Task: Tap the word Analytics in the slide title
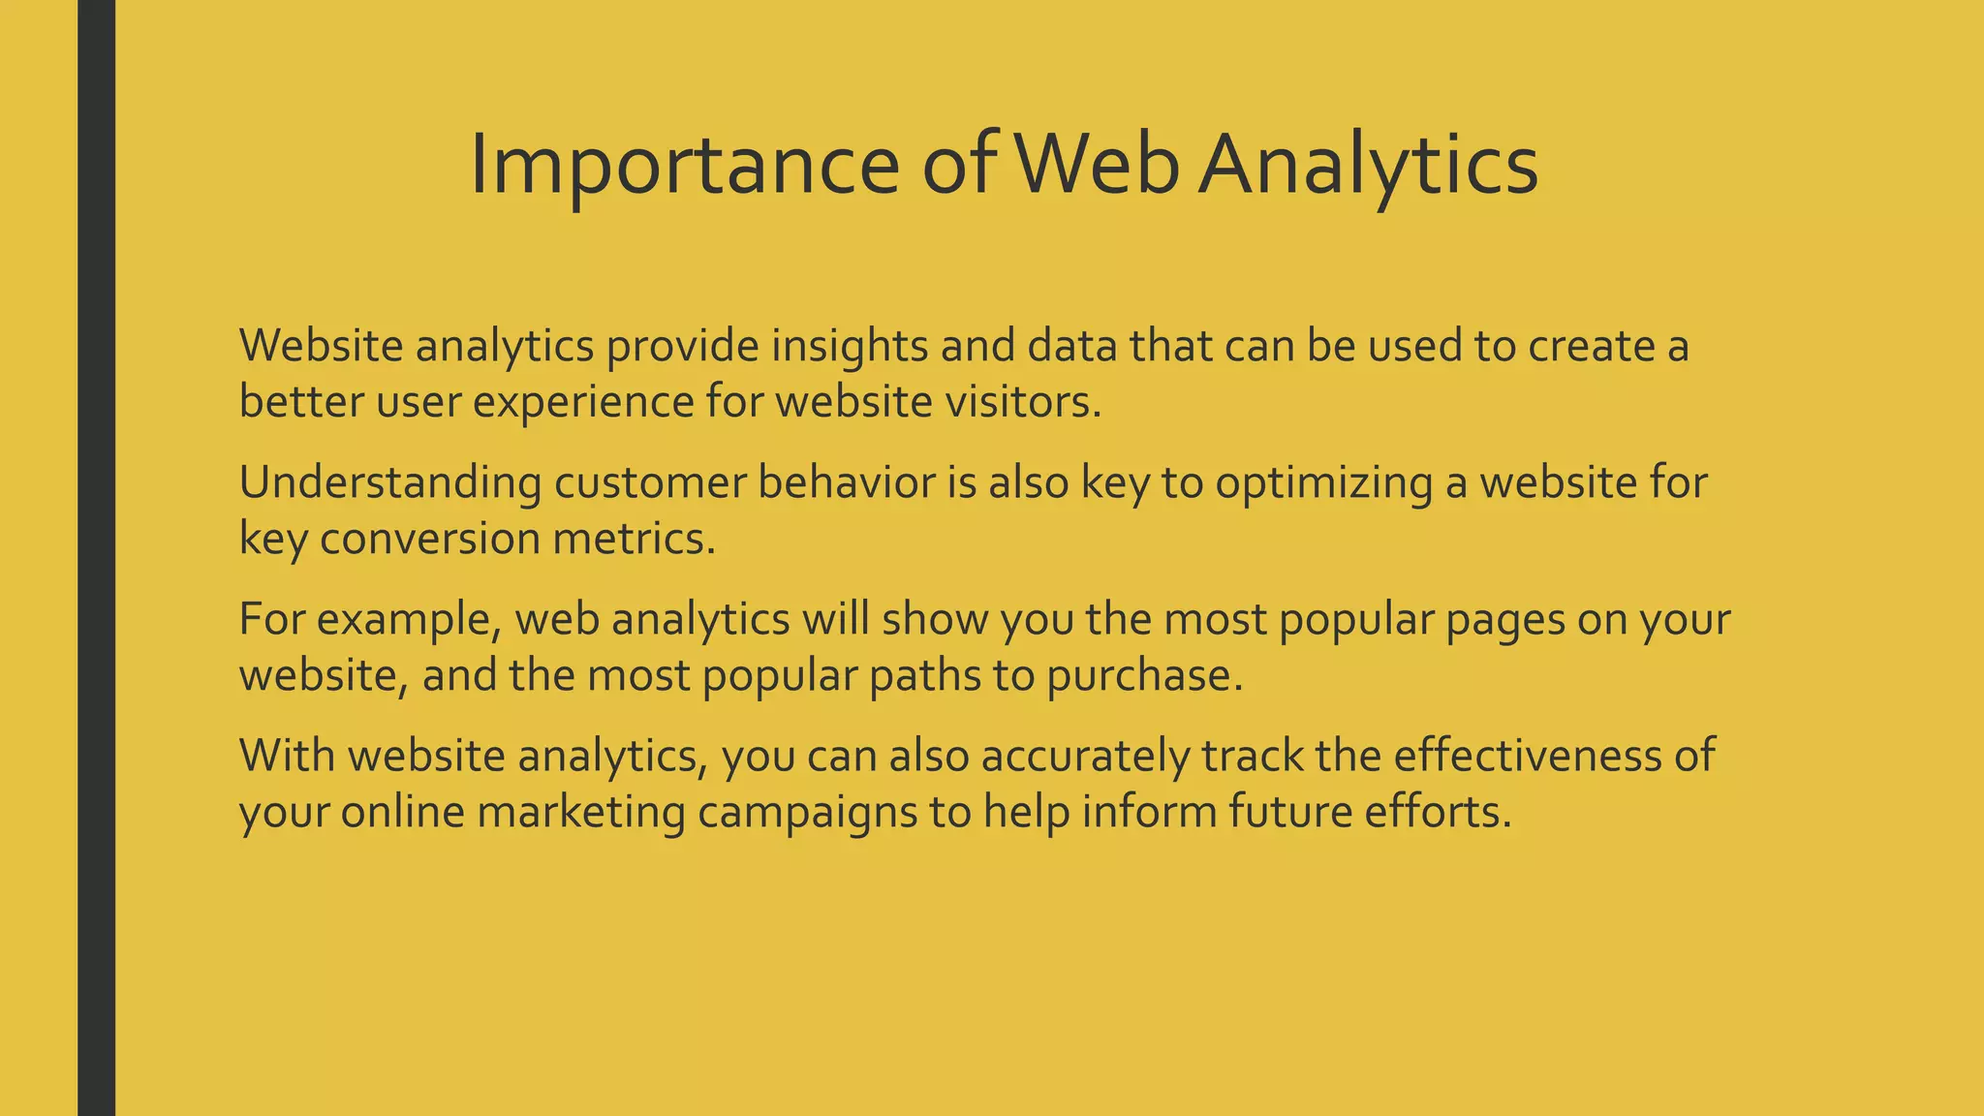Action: pos(1368,165)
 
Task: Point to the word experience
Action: pos(583,402)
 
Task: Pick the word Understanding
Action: pos(390,482)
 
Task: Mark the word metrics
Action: pos(634,539)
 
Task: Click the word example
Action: pos(409,619)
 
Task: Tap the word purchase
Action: pos(1143,675)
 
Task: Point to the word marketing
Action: pos(581,812)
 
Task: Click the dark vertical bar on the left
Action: pos(96,558)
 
